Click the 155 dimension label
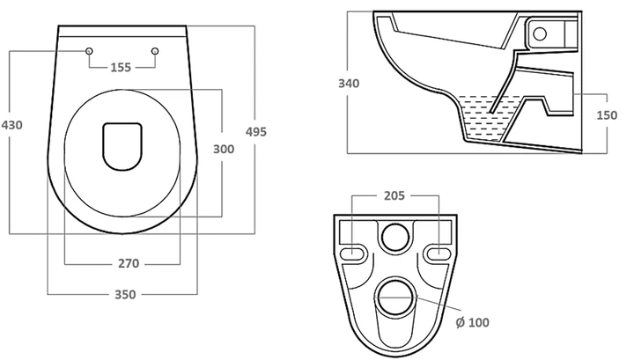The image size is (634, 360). click(121, 67)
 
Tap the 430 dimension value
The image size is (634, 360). click(11, 125)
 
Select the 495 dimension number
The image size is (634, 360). click(256, 131)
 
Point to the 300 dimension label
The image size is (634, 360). click(224, 149)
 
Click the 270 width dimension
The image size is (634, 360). click(129, 263)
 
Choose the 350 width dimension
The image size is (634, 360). click(125, 295)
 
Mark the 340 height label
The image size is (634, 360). click(349, 84)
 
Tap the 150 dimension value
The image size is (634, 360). click(607, 115)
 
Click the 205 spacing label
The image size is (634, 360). click(394, 195)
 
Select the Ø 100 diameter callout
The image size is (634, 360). click(472, 322)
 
